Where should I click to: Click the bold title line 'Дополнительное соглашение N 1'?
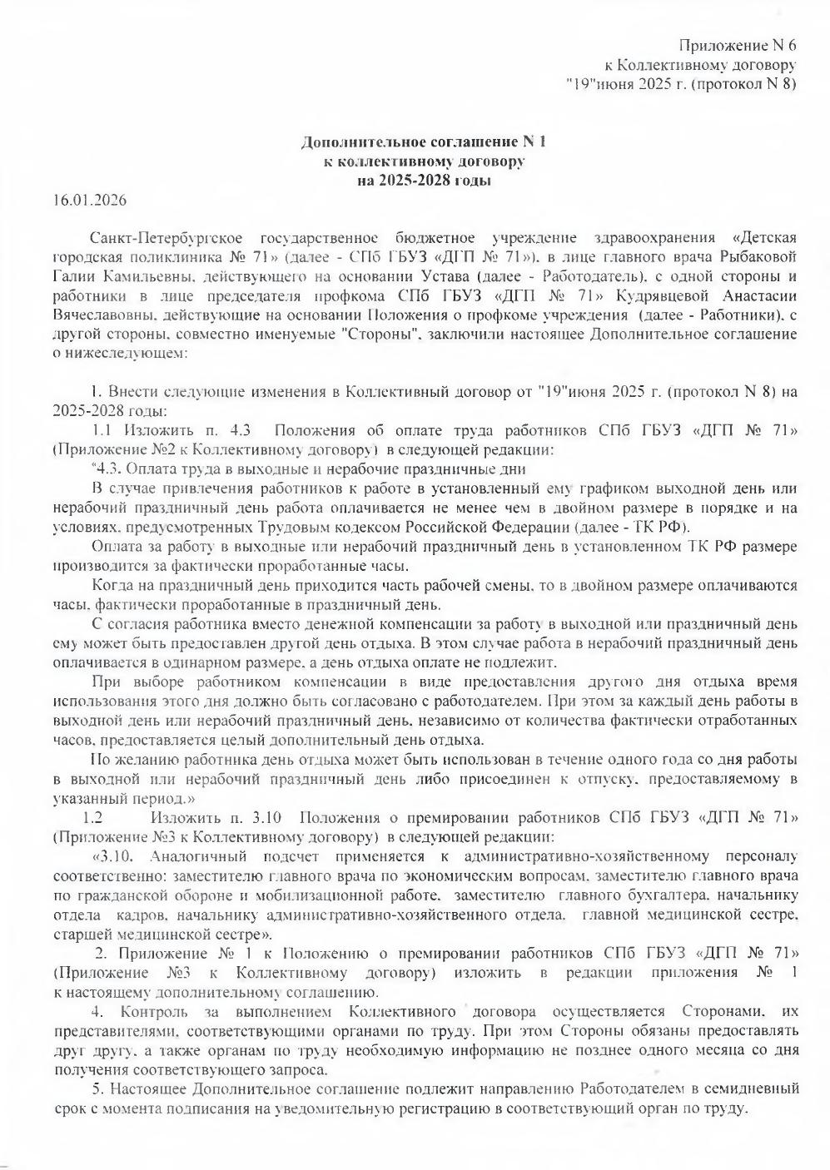424,142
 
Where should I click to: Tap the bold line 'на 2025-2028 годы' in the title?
424,179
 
